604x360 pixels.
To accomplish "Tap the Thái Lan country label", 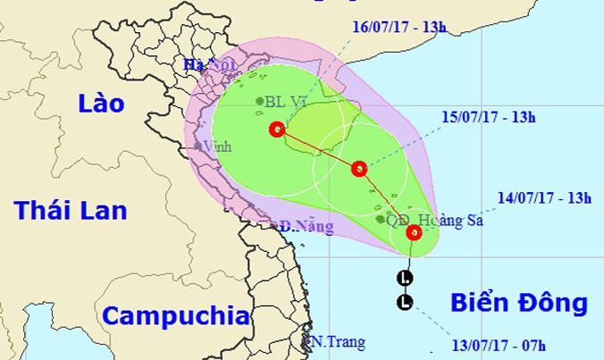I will pos(71,211).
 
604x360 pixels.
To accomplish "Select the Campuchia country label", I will pos(173,315).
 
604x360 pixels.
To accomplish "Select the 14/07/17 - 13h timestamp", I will pos(547,199).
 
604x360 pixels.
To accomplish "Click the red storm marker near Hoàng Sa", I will pos(415,233).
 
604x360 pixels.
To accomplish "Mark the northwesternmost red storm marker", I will pos(275,129).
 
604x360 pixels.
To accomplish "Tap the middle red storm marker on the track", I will pos(359,168).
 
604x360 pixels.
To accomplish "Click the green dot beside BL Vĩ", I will pos(259,102).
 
